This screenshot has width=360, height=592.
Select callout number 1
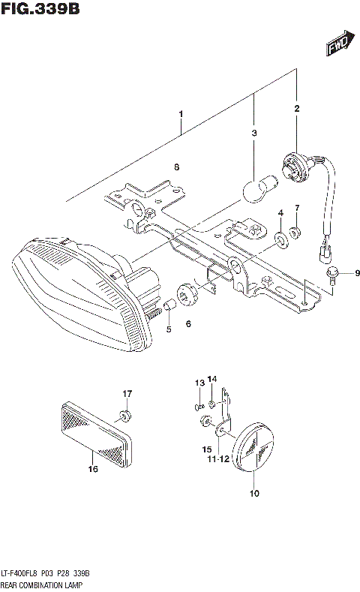pos(181,115)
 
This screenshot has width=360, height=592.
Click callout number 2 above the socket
pos(296,109)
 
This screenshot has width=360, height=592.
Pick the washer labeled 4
pos(280,239)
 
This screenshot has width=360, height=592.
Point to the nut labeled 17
pos(124,414)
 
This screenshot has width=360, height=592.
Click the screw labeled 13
pos(199,406)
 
